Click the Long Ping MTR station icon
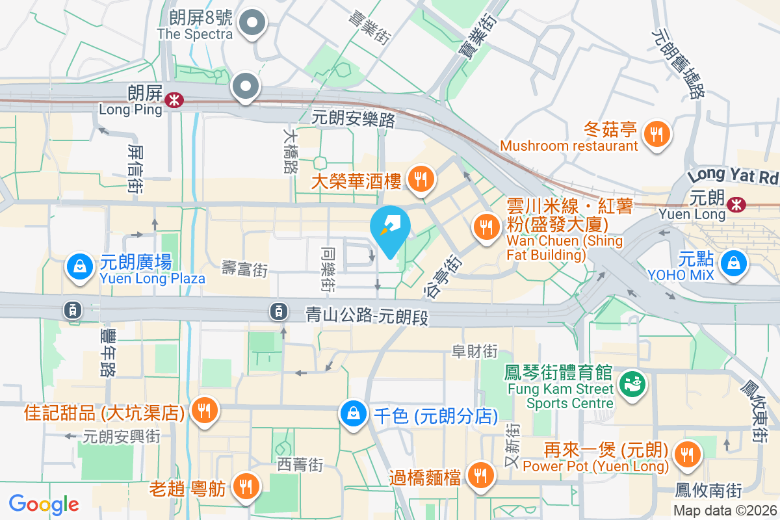tap(174, 99)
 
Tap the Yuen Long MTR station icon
tap(736, 204)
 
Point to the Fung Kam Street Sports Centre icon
tap(630, 383)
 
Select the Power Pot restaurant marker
tap(686, 453)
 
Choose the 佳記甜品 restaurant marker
tap(205, 410)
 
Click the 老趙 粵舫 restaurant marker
tap(246, 484)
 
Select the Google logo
tap(44, 504)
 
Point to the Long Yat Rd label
tap(733, 175)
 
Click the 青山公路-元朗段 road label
tap(368, 317)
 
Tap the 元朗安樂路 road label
tap(354, 118)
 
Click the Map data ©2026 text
tap(725, 511)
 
